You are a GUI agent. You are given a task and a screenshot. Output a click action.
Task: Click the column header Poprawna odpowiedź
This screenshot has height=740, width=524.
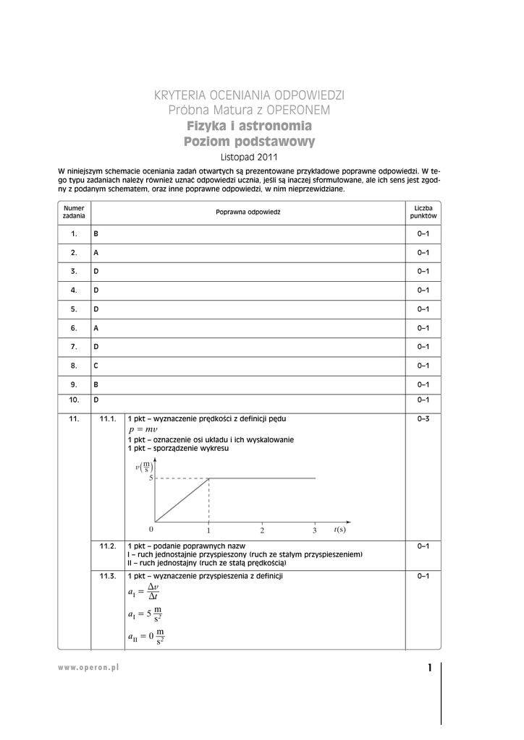pos(248,212)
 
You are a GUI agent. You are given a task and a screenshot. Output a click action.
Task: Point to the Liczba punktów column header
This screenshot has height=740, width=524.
pos(423,212)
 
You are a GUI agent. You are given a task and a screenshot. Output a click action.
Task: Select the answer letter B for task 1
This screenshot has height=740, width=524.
pos(96,234)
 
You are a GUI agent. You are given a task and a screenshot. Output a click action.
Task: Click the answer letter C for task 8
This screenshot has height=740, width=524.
pos(96,366)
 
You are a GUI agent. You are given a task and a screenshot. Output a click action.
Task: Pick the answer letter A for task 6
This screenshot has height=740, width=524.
pos(96,328)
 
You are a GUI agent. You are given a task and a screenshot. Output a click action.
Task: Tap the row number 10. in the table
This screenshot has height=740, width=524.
pos(74,400)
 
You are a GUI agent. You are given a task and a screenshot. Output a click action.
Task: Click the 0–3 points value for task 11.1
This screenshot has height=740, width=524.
pos(423,419)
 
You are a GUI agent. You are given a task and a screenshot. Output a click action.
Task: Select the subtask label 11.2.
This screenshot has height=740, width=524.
pos(108,546)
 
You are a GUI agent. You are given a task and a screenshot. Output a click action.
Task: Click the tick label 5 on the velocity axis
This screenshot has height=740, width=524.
pos(151,478)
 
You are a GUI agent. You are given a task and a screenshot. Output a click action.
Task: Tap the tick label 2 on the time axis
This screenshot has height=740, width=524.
pos(262,531)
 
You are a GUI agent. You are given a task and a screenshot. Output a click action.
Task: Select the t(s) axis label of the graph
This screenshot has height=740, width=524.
pos(340,530)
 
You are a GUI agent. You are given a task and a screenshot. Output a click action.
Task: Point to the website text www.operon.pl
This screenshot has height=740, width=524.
pos(88,668)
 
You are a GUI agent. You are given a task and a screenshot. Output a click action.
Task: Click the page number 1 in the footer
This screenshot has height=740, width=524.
pos(429,668)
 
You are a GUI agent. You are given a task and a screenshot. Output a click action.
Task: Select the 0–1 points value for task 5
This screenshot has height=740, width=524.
pos(423,309)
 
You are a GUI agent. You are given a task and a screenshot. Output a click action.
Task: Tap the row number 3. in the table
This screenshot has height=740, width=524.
pos(74,272)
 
